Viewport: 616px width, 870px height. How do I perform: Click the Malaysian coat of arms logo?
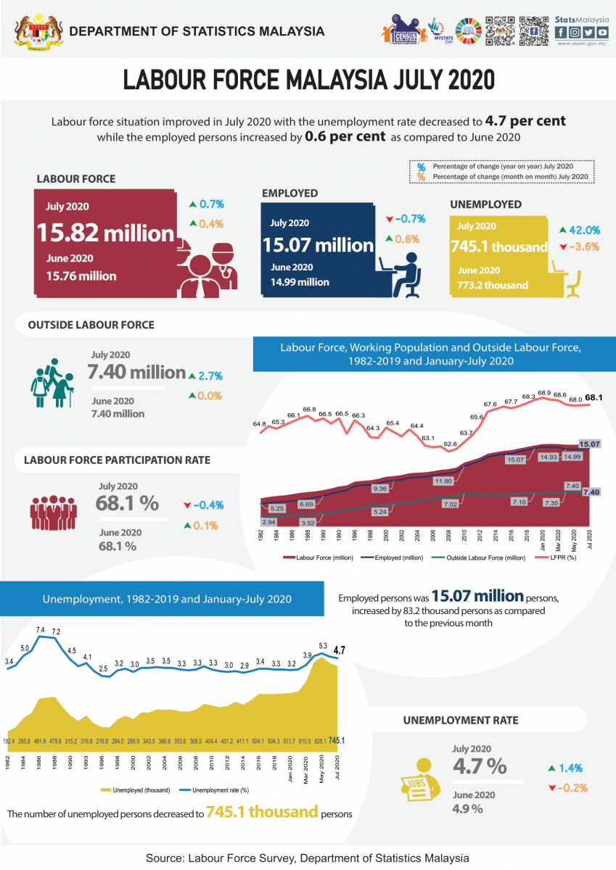click(x=34, y=31)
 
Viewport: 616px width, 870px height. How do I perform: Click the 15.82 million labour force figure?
click(x=105, y=233)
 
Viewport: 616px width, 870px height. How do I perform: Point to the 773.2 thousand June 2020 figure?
click(x=493, y=285)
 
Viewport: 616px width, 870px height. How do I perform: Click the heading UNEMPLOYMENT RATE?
click(x=461, y=720)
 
